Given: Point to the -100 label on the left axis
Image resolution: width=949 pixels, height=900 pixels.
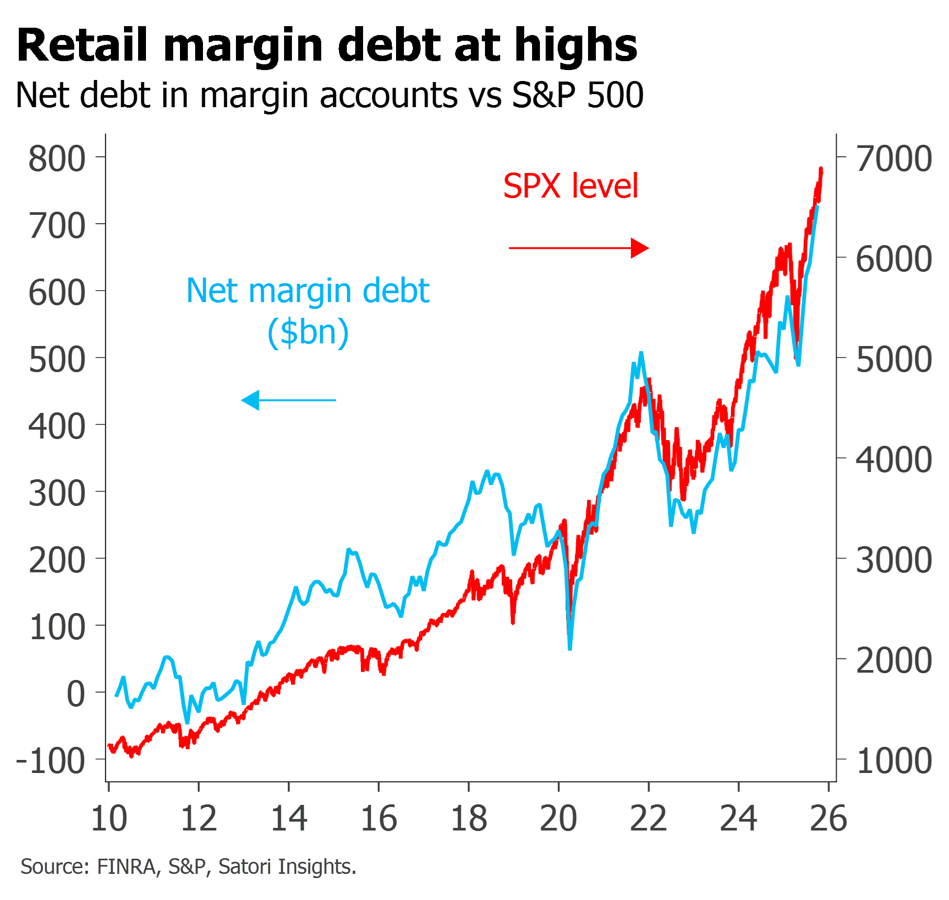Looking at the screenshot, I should (51, 760).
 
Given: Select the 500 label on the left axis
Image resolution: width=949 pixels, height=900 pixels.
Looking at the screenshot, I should (57, 360).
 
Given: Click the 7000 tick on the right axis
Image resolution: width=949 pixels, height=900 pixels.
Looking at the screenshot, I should (894, 158).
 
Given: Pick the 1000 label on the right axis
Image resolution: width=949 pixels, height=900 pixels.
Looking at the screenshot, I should (894, 760).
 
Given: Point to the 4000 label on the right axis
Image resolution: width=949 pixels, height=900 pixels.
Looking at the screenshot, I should (894, 460).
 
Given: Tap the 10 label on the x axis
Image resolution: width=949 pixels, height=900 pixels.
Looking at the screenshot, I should (109, 818).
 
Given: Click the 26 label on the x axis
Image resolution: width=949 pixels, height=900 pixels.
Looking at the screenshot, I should (829, 818).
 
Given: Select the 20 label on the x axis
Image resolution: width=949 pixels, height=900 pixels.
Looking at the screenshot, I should (559, 818).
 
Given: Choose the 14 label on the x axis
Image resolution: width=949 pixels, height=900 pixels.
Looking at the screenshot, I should (289, 818).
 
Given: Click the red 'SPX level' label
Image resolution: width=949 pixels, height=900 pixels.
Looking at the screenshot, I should (571, 186).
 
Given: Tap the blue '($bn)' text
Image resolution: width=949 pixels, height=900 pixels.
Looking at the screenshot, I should (308, 332).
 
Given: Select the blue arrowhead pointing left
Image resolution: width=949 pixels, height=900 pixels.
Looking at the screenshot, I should (251, 400).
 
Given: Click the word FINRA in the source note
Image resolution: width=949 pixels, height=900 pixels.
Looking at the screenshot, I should (127, 867).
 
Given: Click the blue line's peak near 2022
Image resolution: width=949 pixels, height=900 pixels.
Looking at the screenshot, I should (641, 354).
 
